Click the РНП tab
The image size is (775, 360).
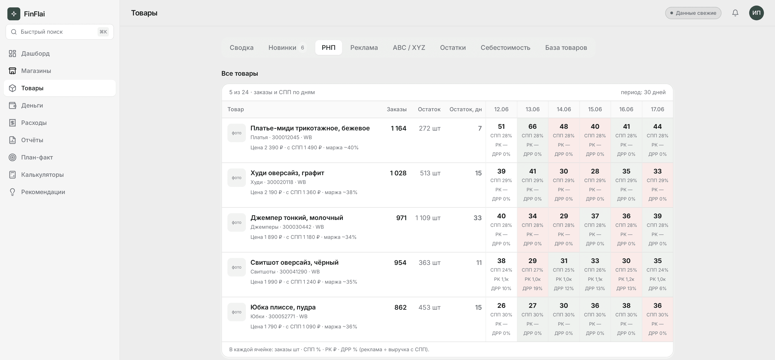click(328, 48)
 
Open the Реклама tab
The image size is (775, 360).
click(364, 48)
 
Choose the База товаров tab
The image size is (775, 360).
click(566, 48)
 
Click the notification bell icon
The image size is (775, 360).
click(735, 13)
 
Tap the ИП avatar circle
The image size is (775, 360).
click(756, 13)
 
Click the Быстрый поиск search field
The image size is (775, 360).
click(60, 32)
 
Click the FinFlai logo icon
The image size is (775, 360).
click(14, 14)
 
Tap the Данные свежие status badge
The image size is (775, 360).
click(693, 13)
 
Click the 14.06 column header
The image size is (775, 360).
click(563, 109)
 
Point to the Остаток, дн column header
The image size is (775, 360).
click(465, 109)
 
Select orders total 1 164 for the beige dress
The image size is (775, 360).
click(398, 128)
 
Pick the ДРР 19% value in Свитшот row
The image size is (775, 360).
click(532, 288)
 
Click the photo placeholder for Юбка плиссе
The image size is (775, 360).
click(236, 312)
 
